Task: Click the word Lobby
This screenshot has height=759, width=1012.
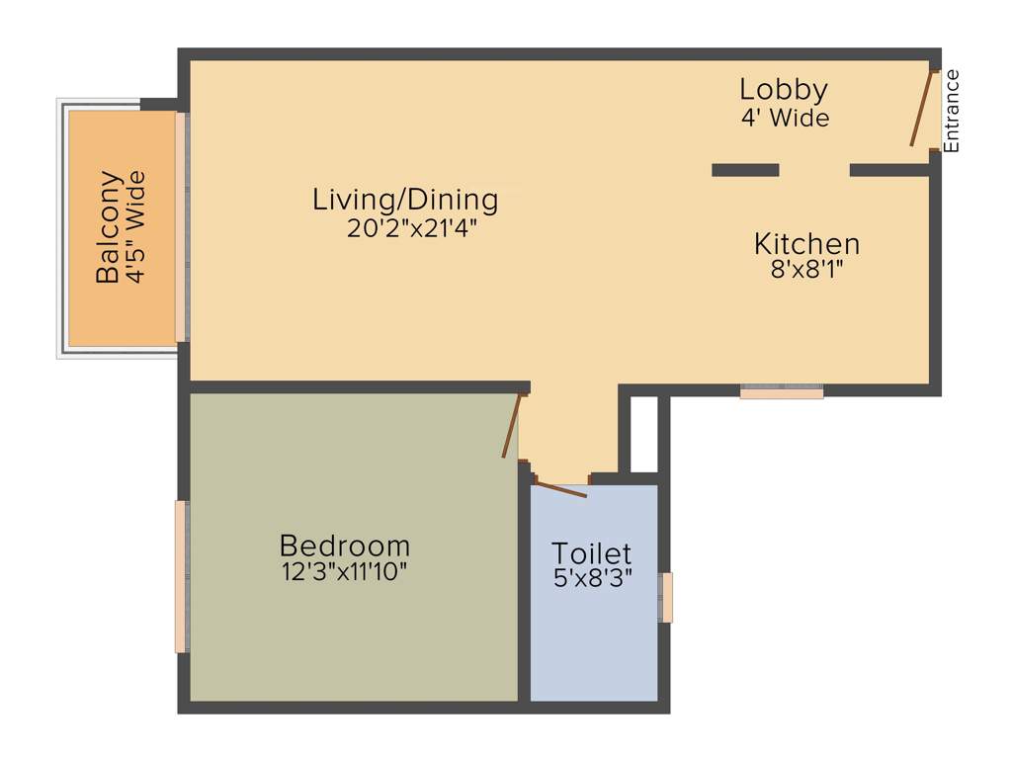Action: coord(783,90)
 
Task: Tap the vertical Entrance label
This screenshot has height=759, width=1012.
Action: coord(952,111)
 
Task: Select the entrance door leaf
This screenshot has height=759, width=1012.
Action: coord(922,109)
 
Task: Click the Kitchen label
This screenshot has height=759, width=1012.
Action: coord(806,243)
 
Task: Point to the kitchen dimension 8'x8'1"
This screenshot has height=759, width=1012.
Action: coord(806,270)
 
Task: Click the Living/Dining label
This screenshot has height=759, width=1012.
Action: coord(405,200)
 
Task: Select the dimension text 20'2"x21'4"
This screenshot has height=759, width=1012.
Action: coord(405,228)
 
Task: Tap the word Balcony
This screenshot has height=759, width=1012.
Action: coord(109,227)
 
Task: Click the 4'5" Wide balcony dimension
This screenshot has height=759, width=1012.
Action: coord(136,227)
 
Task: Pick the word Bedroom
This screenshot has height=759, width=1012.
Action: coord(344,545)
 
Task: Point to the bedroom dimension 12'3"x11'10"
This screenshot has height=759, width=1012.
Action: coord(344,571)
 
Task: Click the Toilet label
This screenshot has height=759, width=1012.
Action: coord(591,553)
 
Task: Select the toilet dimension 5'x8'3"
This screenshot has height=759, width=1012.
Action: coord(593,578)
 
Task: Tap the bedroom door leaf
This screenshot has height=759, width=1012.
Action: coord(511,425)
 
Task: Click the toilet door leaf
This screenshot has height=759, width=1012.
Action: coord(559,488)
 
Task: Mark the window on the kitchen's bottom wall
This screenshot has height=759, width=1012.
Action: coord(782,391)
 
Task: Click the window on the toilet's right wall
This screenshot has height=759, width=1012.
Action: coord(666,597)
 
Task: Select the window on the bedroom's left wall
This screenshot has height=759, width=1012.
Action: coord(181,576)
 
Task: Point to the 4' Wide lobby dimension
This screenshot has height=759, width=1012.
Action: coord(785,118)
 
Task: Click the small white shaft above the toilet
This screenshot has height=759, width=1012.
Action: coord(643,435)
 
